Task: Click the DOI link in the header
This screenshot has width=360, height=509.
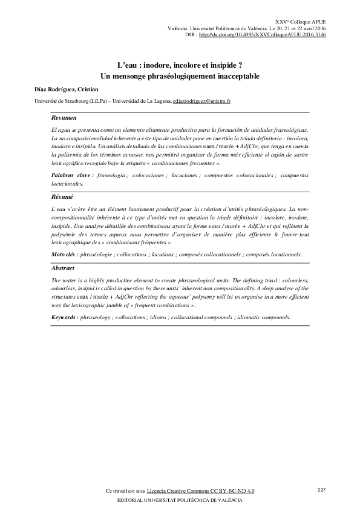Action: tap(262, 35)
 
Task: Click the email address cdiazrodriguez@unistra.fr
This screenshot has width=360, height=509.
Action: tap(202, 101)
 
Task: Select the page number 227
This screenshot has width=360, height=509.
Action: tap(322, 488)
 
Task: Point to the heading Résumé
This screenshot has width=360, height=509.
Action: tap(62, 197)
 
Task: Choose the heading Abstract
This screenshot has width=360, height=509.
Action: tap(63, 268)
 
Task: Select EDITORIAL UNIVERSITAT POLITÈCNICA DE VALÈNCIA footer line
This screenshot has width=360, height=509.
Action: tap(179, 502)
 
